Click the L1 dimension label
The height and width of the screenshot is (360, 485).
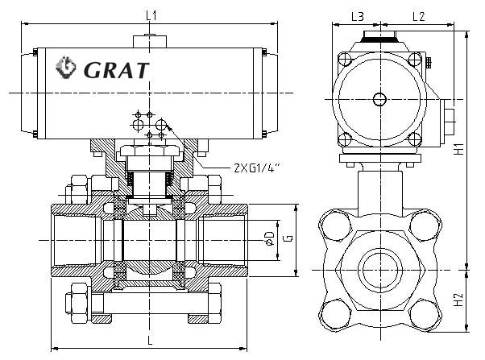pos(151,14)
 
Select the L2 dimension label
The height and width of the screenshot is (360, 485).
pos(417,15)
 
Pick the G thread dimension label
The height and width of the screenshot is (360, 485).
pos(286,239)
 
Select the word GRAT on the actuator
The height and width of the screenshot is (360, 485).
pos(116,70)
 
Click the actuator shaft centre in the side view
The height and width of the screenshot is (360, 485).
pos(379,98)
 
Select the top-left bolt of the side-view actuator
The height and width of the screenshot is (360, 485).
pos(344,59)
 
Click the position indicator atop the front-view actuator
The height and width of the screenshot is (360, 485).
pos(150,38)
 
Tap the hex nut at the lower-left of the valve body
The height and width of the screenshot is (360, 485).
pos(78,296)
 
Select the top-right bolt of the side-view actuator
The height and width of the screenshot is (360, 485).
pos(414,59)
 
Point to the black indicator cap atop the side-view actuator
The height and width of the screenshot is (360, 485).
pos(379,36)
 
